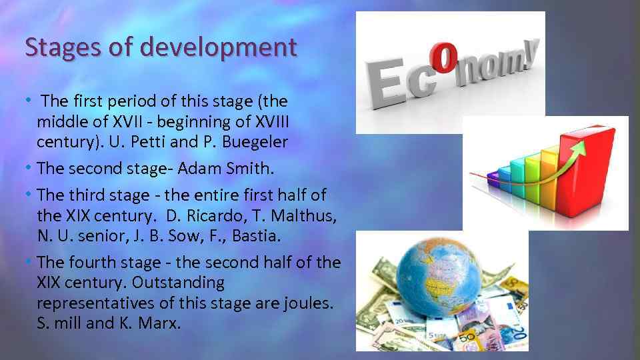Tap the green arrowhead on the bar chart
(581, 145)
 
